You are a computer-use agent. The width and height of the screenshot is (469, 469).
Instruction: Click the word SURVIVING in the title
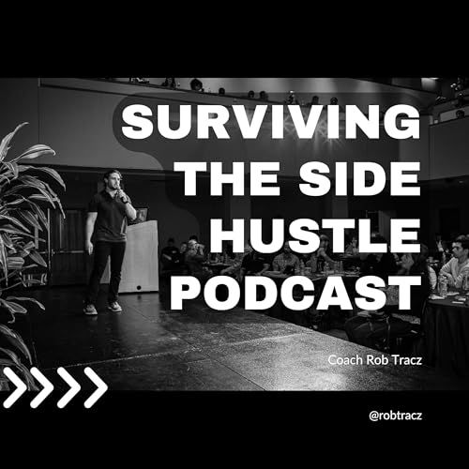[x=270, y=123]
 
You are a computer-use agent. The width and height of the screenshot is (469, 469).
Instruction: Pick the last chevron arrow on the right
[x=95, y=387]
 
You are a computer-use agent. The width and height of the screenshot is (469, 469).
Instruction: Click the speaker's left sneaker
[x=90, y=308]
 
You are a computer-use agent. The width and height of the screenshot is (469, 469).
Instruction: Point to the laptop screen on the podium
[x=141, y=215]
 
